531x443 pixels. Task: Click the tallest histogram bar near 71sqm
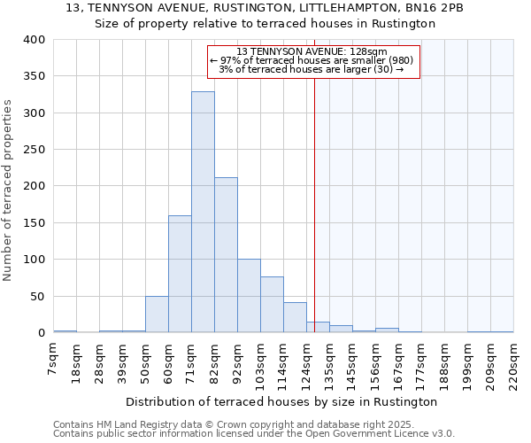point(203,213)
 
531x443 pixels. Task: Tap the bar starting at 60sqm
point(180,274)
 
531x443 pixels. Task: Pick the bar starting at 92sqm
point(249,296)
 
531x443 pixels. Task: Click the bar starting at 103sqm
point(272,305)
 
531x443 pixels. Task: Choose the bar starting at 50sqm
point(157,315)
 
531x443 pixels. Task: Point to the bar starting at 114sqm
point(295,317)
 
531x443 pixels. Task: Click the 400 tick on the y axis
point(35,40)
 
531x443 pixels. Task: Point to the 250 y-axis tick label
point(35,150)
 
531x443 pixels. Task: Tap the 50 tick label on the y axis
point(38,297)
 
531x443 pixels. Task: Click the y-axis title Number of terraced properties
point(9,190)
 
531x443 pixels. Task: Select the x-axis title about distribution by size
point(288,401)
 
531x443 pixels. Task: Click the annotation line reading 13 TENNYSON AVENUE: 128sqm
point(312,51)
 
